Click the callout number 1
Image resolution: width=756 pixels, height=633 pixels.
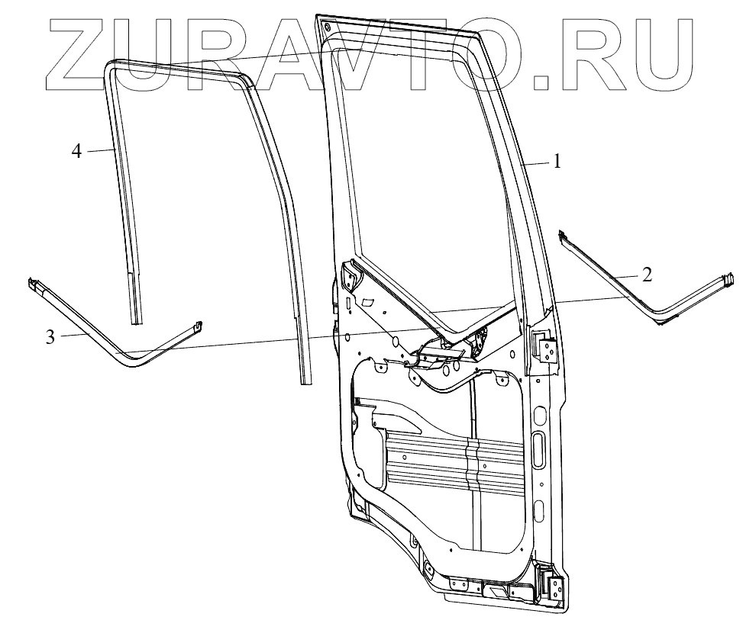pyautogui.click(x=558, y=162)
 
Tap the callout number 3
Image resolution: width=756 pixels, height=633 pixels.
pyautogui.click(x=50, y=336)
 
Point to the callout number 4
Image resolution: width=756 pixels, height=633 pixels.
pyautogui.click(x=76, y=150)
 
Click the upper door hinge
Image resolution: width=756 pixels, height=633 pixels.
pyautogui.click(x=548, y=346)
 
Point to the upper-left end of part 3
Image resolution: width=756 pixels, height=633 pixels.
pyautogui.click(x=34, y=284)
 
